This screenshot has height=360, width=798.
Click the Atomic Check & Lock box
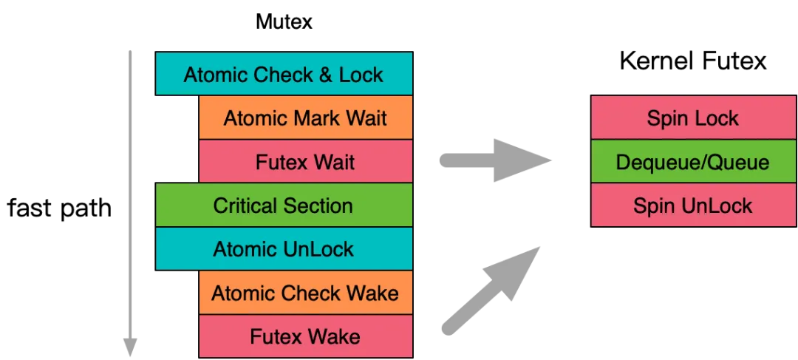(x=283, y=74)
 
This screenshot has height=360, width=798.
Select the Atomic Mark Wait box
(x=305, y=118)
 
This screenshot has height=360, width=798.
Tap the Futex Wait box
(x=305, y=162)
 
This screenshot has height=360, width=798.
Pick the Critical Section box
(x=283, y=206)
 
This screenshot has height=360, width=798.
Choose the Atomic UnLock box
(x=283, y=249)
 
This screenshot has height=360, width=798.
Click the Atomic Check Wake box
(x=305, y=293)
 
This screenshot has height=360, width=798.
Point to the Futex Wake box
(x=305, y=337)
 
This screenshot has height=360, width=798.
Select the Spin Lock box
(x=692, y=118)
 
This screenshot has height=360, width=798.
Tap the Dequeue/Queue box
(x=692, y=162)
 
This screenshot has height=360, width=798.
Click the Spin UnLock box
(x=692, y=206)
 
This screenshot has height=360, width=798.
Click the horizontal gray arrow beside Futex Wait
(x=495, y=158)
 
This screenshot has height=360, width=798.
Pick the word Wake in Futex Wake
(x=335, y=337)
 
